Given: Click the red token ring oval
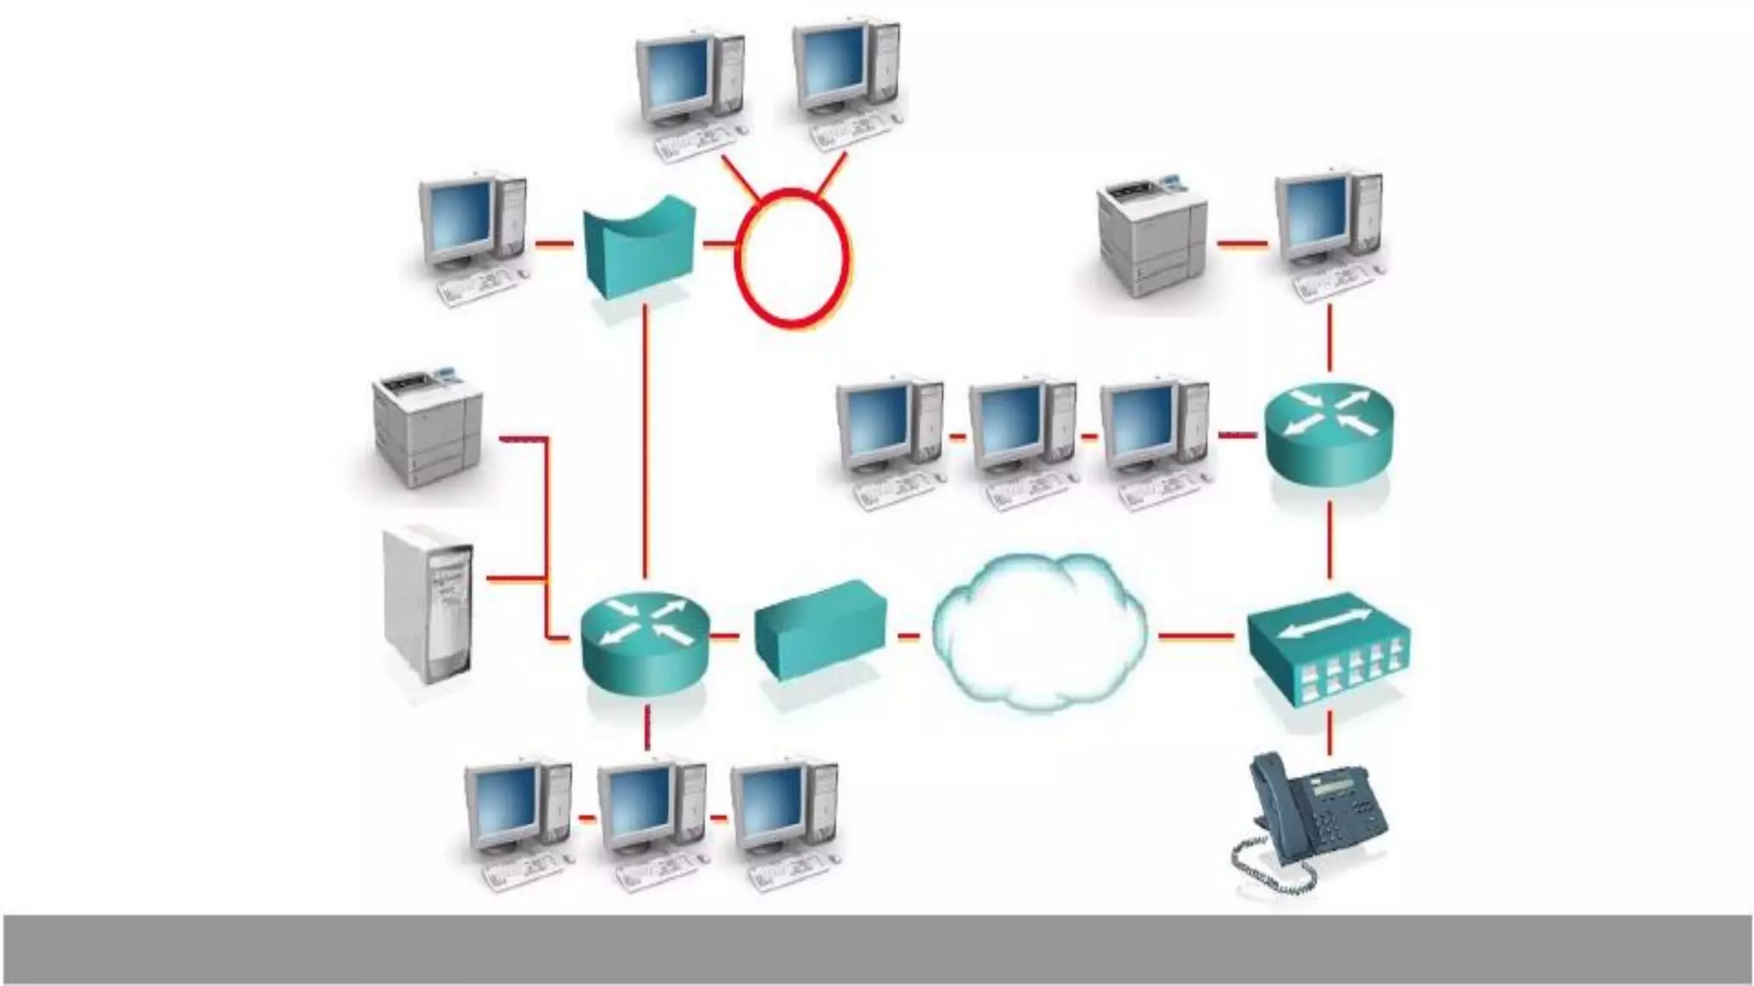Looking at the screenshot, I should point(792,257).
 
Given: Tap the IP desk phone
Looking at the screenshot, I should point(1310,822).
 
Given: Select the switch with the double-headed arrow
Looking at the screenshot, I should point(1327,650).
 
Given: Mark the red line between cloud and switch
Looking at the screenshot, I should point(1196,636).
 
